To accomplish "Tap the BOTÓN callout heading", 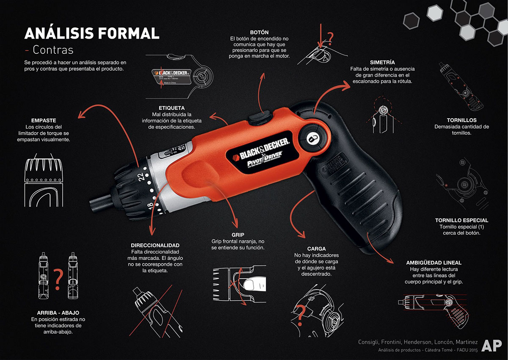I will click(x=259, y=32).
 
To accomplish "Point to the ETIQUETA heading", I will click(x=171, y=108).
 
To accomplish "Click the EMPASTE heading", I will click(x=44, y=120).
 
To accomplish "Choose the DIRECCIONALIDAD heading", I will click(x=155, y=245).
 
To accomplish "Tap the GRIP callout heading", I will click(x=238, y=234).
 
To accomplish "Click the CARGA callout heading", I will click(x=316, y=249).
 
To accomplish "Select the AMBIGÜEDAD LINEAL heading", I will click(x=433, y=263).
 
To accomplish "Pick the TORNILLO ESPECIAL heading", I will click(x=461, y=220).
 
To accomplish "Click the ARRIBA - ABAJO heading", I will click(x=55, y=313).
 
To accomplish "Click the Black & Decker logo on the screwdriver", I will click(x=261, y=147).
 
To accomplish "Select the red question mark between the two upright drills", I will click(x=58, y=277).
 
